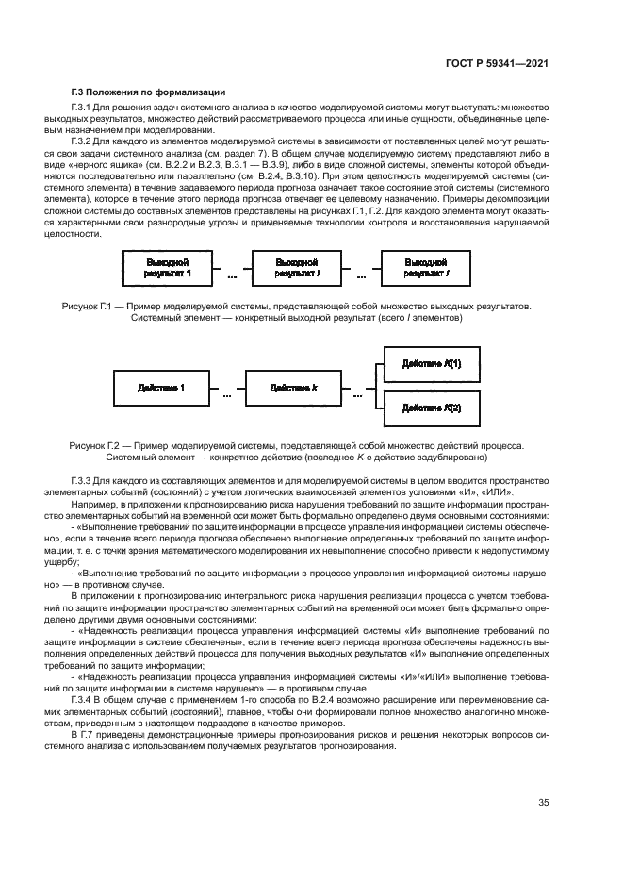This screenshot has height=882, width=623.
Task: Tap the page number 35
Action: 544,803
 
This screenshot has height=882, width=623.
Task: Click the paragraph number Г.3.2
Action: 82,140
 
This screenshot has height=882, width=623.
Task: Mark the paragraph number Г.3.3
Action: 82,480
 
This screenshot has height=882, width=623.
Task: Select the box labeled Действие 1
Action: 160,387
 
